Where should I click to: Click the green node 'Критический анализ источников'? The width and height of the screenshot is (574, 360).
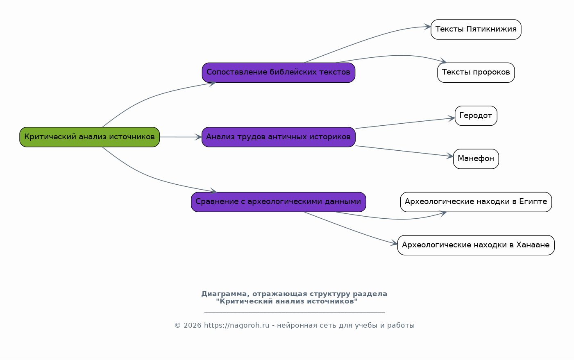89,137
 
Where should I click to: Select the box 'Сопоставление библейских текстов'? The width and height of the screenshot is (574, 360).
279,72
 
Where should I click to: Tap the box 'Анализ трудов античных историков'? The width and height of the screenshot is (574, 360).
279,137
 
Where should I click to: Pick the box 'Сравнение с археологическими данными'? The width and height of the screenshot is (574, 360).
279,202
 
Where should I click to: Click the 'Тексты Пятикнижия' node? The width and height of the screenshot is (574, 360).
476,29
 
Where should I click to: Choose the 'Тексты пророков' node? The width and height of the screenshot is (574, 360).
476,72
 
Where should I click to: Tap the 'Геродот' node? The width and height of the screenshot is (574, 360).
476,116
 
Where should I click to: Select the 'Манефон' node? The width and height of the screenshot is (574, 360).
476,159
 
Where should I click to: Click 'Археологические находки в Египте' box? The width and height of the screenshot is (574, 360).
476,202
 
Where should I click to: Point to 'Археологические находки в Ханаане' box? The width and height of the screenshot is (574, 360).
476,245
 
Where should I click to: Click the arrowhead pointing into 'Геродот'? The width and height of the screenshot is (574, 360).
451,118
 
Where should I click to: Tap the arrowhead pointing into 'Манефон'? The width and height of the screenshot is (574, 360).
450,156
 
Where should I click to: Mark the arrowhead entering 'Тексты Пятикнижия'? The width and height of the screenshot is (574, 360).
427,27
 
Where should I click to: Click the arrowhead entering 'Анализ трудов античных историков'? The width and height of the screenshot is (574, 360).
198,137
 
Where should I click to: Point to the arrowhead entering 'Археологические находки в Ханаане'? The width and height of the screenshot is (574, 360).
394,243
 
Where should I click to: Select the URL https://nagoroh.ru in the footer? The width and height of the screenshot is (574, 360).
236,326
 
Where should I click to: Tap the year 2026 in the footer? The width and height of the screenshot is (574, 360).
192,326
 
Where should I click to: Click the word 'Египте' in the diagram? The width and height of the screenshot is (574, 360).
533,202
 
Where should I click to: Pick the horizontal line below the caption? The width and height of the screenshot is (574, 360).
295,312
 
